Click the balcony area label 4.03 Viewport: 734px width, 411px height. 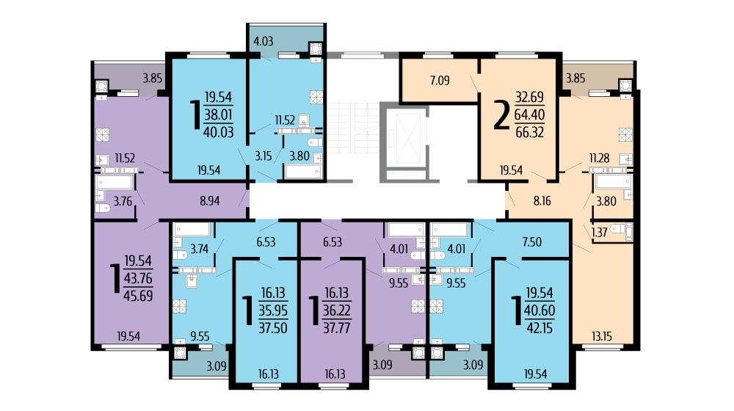pos(263,41)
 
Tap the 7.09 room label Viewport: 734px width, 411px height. pos(440,81)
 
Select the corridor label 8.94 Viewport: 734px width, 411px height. pos(209,201)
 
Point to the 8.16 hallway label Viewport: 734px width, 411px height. pos(542,201)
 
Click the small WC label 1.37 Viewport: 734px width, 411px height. pos(599,232)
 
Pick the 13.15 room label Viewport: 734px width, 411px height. pos(602,336)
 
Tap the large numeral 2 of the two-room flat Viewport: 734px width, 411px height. pos(501,114)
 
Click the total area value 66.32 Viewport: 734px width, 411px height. pos(529,133)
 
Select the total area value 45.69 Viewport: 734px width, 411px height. pos(138,296)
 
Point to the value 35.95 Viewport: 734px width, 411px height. pos(273,310)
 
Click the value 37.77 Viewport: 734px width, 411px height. pos(337,327)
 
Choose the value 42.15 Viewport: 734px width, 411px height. pos(539,327)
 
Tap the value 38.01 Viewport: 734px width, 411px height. pos(219,114)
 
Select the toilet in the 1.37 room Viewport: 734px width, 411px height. pos(618,230)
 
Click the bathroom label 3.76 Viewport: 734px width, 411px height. pos(123,201)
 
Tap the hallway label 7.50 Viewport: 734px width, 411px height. pos(531,242)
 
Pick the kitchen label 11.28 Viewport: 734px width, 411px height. pos(599,159)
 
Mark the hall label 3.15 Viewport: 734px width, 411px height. pos(263,156)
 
